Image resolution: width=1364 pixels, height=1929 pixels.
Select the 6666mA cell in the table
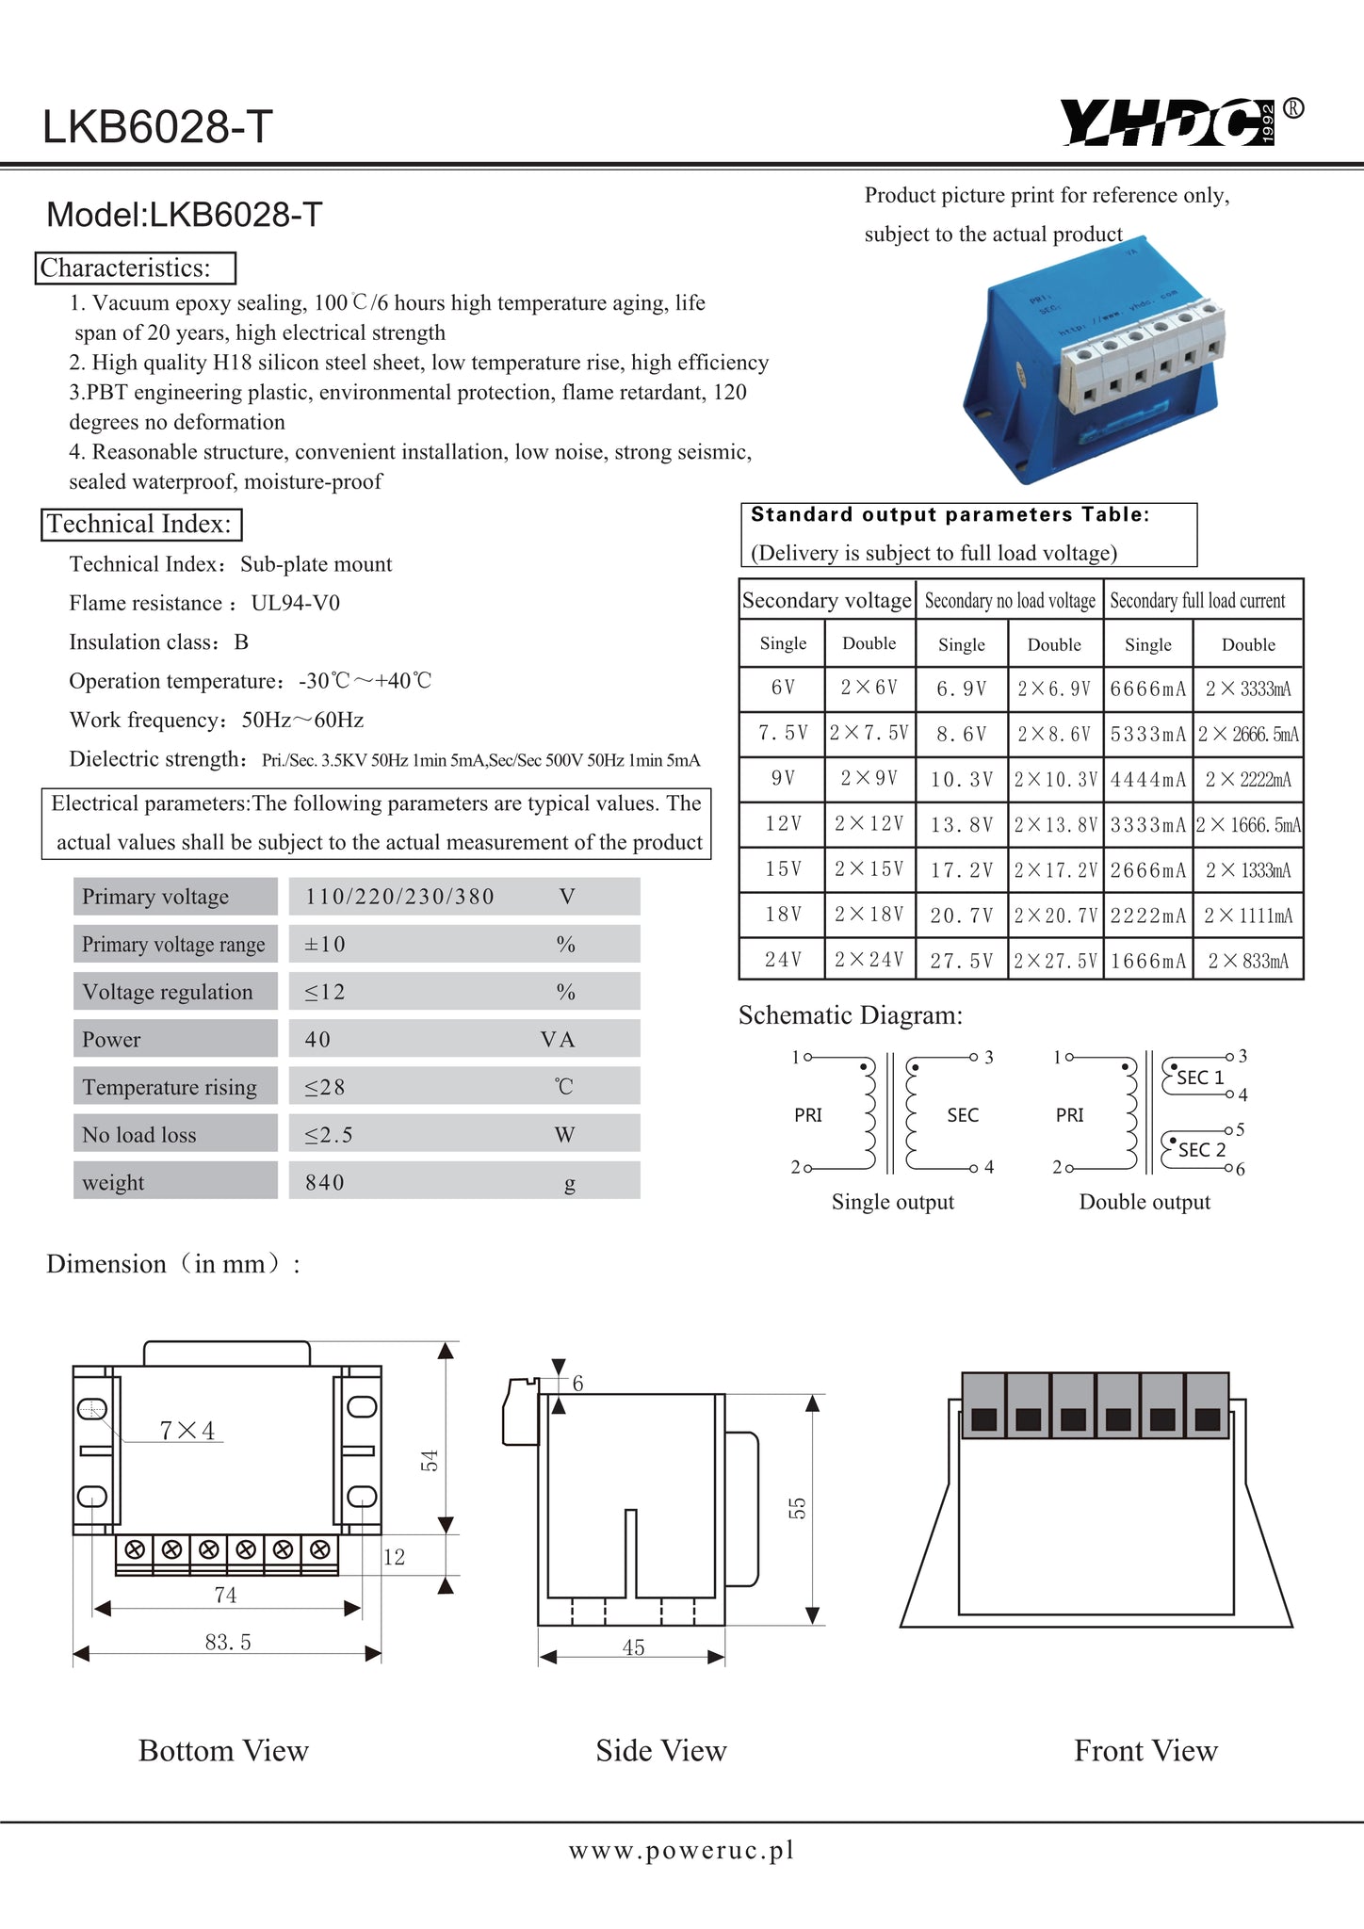pos(1147,689)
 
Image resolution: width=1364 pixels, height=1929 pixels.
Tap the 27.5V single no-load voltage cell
pos(961,961)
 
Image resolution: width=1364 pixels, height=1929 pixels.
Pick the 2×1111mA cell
pos(1248,916)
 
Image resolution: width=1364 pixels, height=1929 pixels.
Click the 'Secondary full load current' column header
pos(1197,601)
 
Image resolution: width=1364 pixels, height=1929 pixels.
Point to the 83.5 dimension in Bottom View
pos(228,1642)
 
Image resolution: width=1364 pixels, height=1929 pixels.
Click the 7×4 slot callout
pos(187,1431)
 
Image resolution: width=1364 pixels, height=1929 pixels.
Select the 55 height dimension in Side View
pos(797,1508)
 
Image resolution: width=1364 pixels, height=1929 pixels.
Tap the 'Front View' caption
pos(1145,1750)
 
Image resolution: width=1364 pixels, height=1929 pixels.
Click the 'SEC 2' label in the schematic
pos(1202,1150)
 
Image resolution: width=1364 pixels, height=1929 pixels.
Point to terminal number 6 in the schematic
pos(1240,1169)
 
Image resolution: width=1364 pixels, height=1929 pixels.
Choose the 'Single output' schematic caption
pos(892,1202)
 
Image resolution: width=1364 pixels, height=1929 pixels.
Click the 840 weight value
pos(325,1182)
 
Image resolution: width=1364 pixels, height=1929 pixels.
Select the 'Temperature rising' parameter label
pos(170,1087)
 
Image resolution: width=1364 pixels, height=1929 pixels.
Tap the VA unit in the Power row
pos(558,1040)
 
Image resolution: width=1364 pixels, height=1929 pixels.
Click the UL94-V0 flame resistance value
pos(296,603)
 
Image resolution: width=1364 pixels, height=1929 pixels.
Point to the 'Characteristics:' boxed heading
pos(137,268)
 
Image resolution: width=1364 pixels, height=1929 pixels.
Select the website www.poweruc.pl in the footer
pos(681,1850)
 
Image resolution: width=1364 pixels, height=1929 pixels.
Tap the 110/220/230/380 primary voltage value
pos(399,897)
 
